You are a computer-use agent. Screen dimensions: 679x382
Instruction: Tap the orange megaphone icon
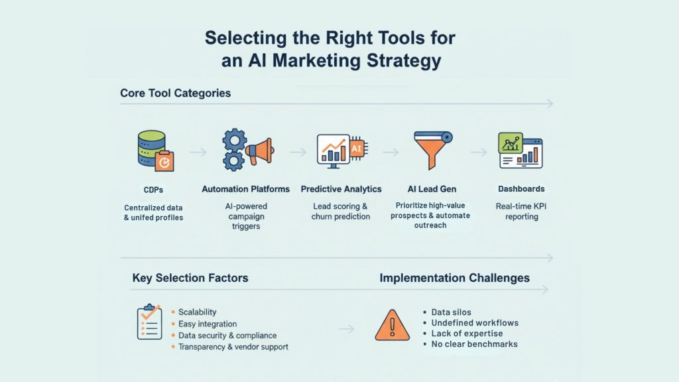point(259,151)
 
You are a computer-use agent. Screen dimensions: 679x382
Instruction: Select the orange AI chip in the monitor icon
point(357,149)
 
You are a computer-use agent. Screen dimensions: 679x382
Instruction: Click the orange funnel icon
point(432,149)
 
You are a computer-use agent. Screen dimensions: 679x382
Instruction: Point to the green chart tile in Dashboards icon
point(511,143)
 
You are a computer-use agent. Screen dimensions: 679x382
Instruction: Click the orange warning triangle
point(392,325)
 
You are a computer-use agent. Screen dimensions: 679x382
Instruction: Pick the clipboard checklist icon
point(149,322)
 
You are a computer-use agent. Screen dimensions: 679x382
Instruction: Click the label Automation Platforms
point(245,189)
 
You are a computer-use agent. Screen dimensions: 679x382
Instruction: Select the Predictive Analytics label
point(341,189)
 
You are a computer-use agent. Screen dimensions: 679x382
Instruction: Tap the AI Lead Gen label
point(432,189)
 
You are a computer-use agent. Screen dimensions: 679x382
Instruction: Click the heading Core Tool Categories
point(175,93)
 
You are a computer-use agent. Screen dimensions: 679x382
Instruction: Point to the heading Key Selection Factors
point(190,278)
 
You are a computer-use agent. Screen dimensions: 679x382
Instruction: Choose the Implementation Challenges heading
point(455,278)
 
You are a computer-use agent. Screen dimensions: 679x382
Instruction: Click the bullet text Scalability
point(197,312)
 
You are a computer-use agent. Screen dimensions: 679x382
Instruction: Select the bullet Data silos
point(451,312)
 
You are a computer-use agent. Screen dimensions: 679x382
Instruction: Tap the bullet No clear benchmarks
point(474,344)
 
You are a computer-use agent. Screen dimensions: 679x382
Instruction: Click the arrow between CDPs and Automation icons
point(198,152)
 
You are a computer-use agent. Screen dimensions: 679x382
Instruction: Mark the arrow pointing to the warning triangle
point(346,329)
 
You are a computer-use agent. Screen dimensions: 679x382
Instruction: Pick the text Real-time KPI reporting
point(521,212)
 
